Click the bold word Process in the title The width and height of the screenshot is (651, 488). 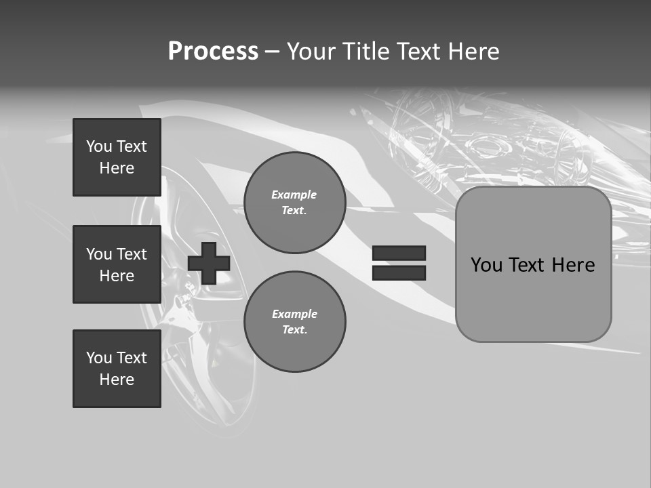tap(213, 52)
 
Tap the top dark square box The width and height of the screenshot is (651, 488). tap(117, 157)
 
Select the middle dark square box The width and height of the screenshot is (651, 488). tap(117, 264)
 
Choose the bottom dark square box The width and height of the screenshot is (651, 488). tap(117, 369)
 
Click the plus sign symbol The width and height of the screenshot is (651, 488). tap(209, 263)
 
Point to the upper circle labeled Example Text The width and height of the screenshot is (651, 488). tap(294, 203)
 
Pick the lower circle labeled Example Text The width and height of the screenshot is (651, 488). tap(294, 322)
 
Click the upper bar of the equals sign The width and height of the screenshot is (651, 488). tap(399, 253)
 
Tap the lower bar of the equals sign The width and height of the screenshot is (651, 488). tap(399, 273)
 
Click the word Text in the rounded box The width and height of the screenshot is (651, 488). tap(526, 265)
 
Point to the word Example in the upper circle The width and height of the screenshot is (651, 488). tap(294, 195)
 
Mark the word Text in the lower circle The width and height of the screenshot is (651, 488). tap(294, 330)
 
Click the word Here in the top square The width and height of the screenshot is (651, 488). tap(117, 168)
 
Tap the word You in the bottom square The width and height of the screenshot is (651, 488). tap(99, 358)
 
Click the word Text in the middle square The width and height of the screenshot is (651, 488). tap(131, 254)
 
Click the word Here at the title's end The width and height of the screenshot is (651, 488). tap(473, 52)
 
